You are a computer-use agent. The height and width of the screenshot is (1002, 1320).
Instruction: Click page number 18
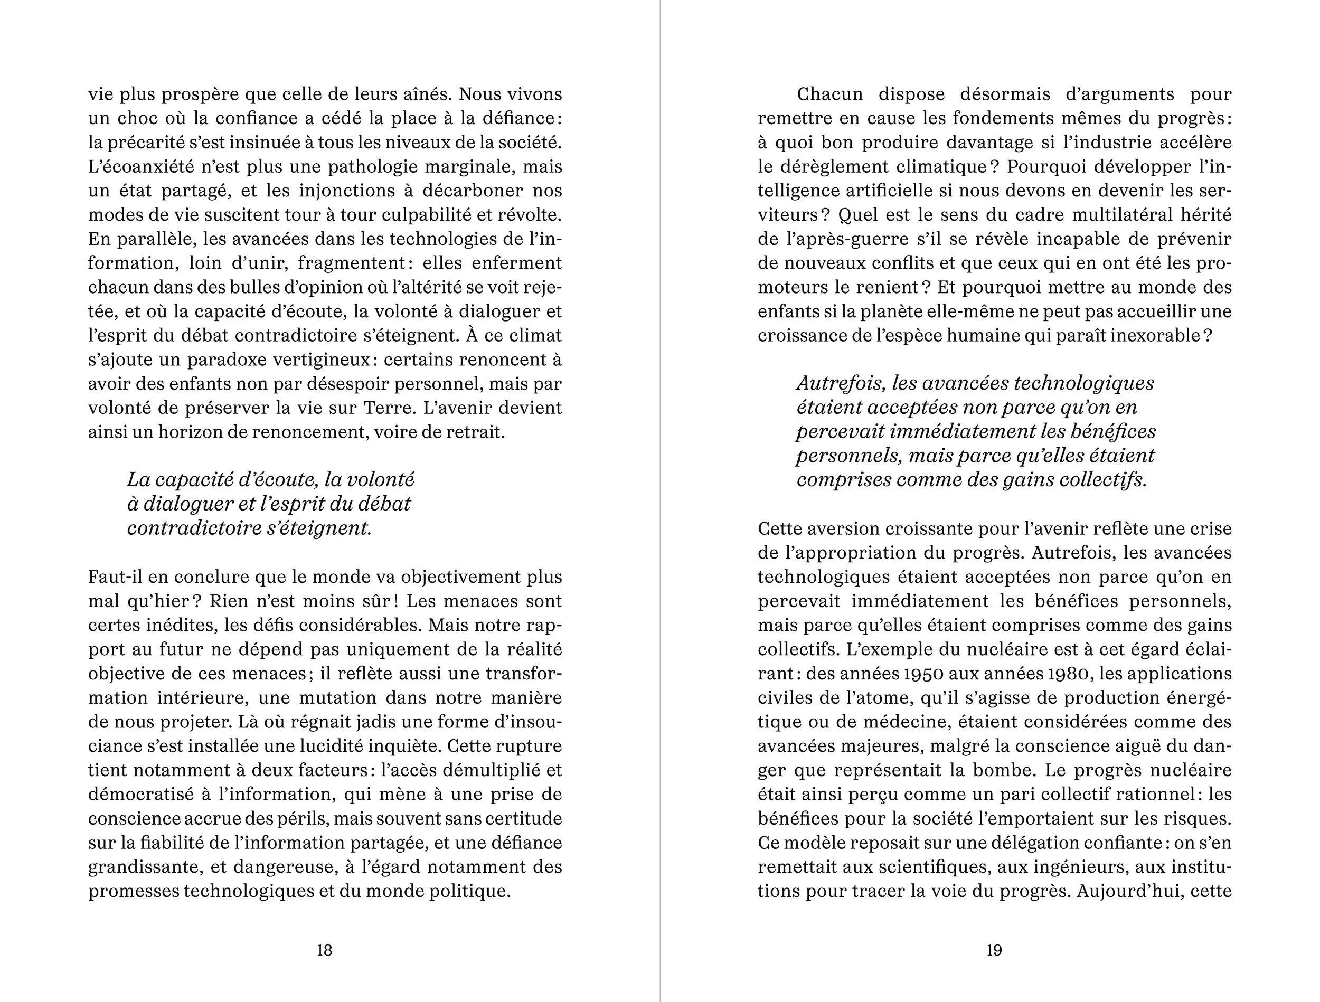pyautogui.click(x=324, y=950)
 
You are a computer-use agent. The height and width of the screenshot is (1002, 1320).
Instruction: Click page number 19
pyautogui.click(x=994, y=950)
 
